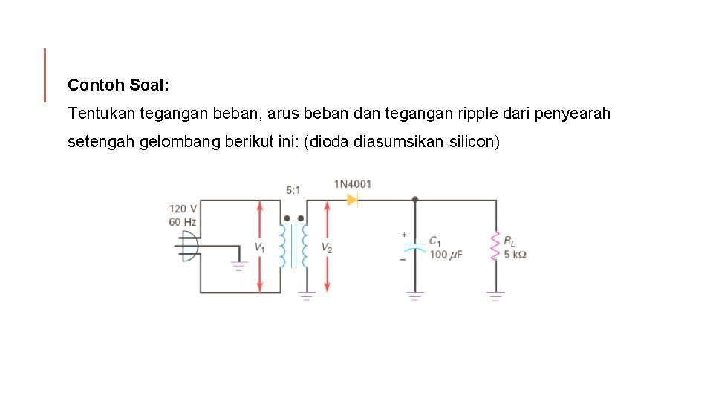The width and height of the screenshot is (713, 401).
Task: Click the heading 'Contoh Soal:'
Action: tap(119, 85)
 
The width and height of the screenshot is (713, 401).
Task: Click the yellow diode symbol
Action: tap(352, 199)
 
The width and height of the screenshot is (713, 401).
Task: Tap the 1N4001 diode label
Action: tap(352, 184)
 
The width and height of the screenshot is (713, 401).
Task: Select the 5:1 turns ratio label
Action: tap(294, 190)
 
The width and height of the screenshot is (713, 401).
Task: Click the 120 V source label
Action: tap(183, 209)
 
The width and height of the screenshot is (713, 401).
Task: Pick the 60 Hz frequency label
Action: tap(183, 221)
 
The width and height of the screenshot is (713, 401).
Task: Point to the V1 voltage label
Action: tap(259, 247)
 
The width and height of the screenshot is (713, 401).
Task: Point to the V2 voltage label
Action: tap(327, 247)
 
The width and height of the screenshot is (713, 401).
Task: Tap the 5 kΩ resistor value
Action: tap(515, 255)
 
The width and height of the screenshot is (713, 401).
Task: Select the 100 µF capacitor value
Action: tap(446, 255)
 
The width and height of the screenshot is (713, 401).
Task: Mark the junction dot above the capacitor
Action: tap(414, 200)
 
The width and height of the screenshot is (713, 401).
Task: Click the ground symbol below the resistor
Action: tap(495, 296)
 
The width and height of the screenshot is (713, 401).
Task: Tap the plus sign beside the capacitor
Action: tap(405, 235)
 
